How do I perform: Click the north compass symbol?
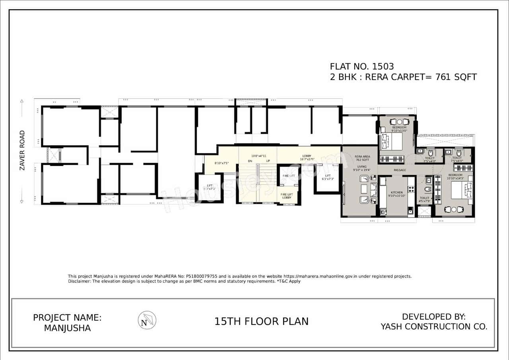click(x=147, y=320)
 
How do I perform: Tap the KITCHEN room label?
click(x=396, y=193)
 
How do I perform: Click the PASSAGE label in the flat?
click(x=400, y=170)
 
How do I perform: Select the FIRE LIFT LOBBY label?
click(x=287, y=196)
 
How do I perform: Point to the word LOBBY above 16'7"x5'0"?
click(x=307, y=156)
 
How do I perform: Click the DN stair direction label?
click(x=250, y=161)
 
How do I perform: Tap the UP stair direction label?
click(x=268, y=161)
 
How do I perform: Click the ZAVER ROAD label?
click(x=22, y=150)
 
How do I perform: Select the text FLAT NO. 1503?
click(x=361, y=66)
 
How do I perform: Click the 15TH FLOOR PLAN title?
click(x=261, y=321)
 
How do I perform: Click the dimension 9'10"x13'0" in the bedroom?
click(x=399, y=131)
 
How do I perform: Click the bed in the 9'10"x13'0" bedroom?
click(x=391, y=141)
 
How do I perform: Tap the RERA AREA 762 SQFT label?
click(x=362, y=158)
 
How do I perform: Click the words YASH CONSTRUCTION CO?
click(x=434, y=327)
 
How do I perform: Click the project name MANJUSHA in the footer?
click(x=67, y=328)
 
